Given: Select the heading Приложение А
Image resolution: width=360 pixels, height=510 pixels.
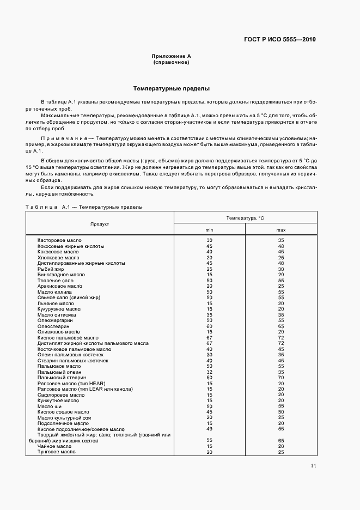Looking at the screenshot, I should [172, 56].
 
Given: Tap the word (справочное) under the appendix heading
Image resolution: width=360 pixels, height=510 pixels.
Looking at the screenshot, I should [172, 62].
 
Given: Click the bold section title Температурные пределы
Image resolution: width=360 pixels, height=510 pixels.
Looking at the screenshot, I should [172, 88].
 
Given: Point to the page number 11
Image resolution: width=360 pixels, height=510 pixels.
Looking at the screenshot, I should [313, 465].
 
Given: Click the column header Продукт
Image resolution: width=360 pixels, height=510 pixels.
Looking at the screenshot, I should [100, 224].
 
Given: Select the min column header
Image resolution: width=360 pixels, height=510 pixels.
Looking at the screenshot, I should [209, 230].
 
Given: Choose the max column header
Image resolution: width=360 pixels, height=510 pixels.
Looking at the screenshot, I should [281, 230].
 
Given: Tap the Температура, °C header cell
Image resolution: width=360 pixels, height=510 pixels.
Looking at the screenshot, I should [245, 218].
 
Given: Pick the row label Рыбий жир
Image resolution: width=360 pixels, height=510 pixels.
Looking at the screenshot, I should [51, 269].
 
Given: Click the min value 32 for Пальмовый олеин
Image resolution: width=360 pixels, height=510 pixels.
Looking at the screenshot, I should [209, 372].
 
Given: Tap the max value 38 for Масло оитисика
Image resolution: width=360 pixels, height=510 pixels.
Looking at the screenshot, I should [281, 314].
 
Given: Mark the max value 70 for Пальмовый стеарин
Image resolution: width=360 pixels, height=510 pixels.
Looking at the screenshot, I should [281, 378].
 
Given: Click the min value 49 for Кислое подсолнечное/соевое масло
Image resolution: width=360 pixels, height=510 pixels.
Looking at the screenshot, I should [209, 429].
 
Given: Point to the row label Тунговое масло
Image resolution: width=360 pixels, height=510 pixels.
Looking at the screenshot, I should [56, 452].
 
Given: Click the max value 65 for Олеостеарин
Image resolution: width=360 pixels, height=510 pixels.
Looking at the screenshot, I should [281, 326].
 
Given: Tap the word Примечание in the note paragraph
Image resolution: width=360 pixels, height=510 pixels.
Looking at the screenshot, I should [63, 139].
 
